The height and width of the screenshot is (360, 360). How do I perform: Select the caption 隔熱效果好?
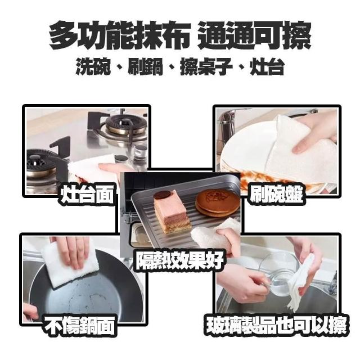tap(180, 260)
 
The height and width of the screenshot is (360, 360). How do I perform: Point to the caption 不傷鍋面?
tap(79, 325)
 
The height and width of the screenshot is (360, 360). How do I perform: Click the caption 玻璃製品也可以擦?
tap(276, 325)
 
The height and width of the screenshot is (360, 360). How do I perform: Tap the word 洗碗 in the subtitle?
tap(93, 66)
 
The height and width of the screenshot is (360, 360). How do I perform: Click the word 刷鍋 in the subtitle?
tap(145, 66)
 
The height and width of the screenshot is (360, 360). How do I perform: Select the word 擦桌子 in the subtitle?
tap(206, 66)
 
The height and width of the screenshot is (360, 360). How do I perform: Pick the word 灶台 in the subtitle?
tap(267, 66)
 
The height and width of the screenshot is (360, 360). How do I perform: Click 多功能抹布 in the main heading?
tap(120, 35)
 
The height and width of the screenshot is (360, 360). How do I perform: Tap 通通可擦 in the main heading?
tap(254, 35)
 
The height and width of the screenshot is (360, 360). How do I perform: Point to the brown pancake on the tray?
tap(218, 204)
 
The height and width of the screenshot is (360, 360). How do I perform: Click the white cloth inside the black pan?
tap(69, 263)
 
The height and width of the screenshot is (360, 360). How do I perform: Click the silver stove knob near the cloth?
tap(140, 151)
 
